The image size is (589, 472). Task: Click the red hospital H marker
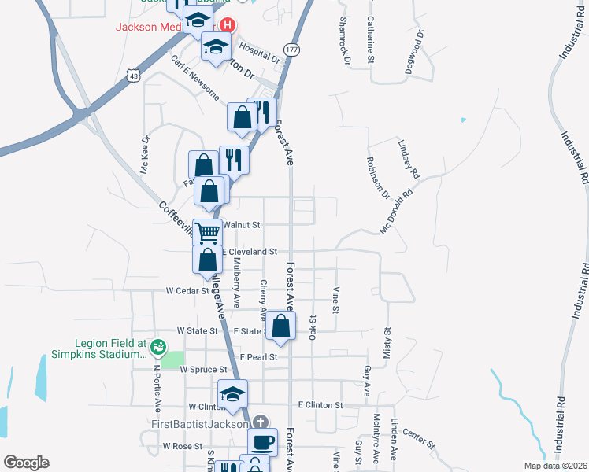coord(228,25)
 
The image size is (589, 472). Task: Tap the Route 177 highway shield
coord(292,50)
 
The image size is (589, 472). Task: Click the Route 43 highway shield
coord(135,76)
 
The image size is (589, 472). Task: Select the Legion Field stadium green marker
coord(157,345)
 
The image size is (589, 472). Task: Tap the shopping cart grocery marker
coord(208,232)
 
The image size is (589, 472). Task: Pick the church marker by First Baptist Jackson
coord(262,423)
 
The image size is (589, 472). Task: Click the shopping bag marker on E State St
coord(280,326)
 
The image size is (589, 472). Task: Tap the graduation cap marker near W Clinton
coord(232,393)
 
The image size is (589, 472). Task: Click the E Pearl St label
coord(259,356)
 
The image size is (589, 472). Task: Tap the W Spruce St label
coord(203,369)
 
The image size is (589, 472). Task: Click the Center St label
coord(418,439)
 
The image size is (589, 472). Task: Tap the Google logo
coord(26,463)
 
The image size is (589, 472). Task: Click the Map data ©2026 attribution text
coord(554,466)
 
